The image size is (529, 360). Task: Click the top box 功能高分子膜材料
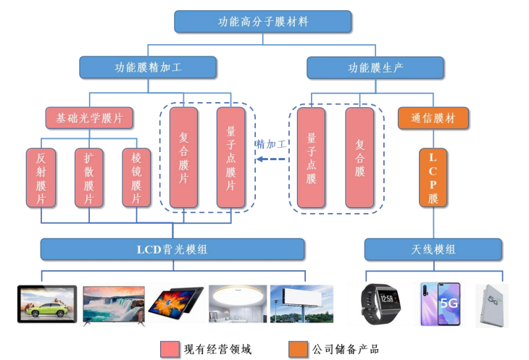pos(263,22)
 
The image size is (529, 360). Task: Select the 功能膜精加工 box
pos(148,67)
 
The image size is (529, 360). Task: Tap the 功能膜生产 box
pos(375,67)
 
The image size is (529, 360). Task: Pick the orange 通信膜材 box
pos(433,118)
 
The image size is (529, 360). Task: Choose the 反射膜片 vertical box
pos(41,177)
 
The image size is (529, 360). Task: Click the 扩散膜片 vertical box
pos(88,177)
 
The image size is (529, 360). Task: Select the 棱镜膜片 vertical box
pos(136,177)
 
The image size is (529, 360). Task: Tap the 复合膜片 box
pos(184,156)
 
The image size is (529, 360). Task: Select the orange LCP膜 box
pos(433,177)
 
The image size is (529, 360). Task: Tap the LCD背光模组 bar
pos(172,249)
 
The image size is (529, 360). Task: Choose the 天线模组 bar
pos(433,249)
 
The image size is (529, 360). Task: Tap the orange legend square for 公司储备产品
pos(297,348)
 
